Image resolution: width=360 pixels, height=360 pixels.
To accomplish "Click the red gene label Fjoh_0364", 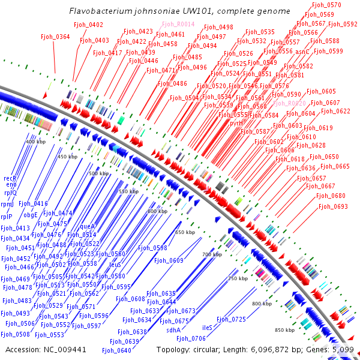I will pos(55,37).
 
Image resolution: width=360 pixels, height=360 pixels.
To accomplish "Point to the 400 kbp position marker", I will pos(36,141).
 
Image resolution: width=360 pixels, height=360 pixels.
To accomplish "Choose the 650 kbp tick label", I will pos(185,232).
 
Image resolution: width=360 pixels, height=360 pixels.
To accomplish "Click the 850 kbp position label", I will pos(284,330).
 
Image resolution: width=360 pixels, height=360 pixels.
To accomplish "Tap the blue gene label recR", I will pos(10,178).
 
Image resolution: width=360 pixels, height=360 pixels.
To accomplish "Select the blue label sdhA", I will pos(173,329).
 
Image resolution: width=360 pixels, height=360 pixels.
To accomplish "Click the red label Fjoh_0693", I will pos(333,206).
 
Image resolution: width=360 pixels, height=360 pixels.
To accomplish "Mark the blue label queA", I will pos(88,227).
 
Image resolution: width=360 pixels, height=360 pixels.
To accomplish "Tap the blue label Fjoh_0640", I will pos(116,350).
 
